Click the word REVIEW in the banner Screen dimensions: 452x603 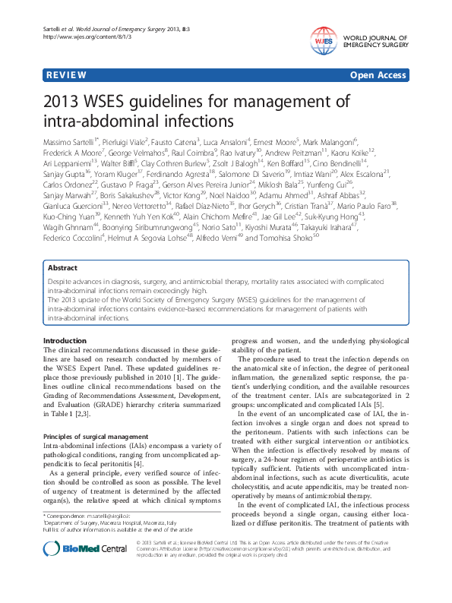point(65,77)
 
